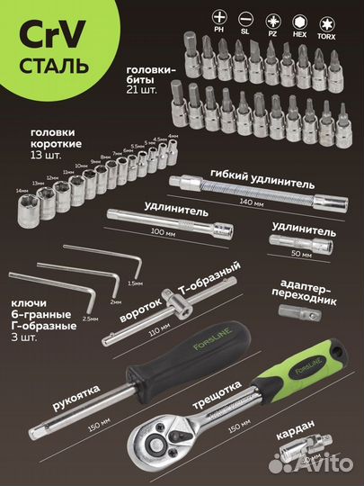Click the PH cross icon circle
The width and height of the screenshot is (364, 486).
tap(194, 16)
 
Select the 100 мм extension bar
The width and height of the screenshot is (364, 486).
tap(157, 216)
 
